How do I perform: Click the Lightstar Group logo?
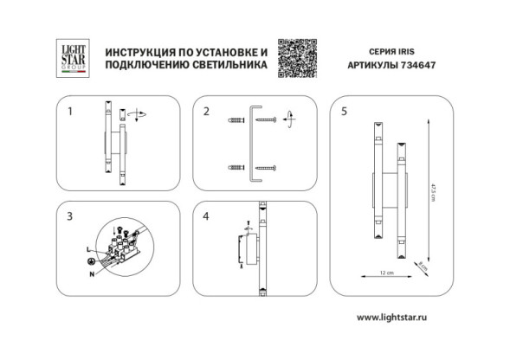tap(68, 55)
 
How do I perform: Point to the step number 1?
tap(70, 112)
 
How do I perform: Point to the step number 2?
tap(206, 112)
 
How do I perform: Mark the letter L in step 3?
tap(89, 248)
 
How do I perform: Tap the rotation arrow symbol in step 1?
tap(137, 113)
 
